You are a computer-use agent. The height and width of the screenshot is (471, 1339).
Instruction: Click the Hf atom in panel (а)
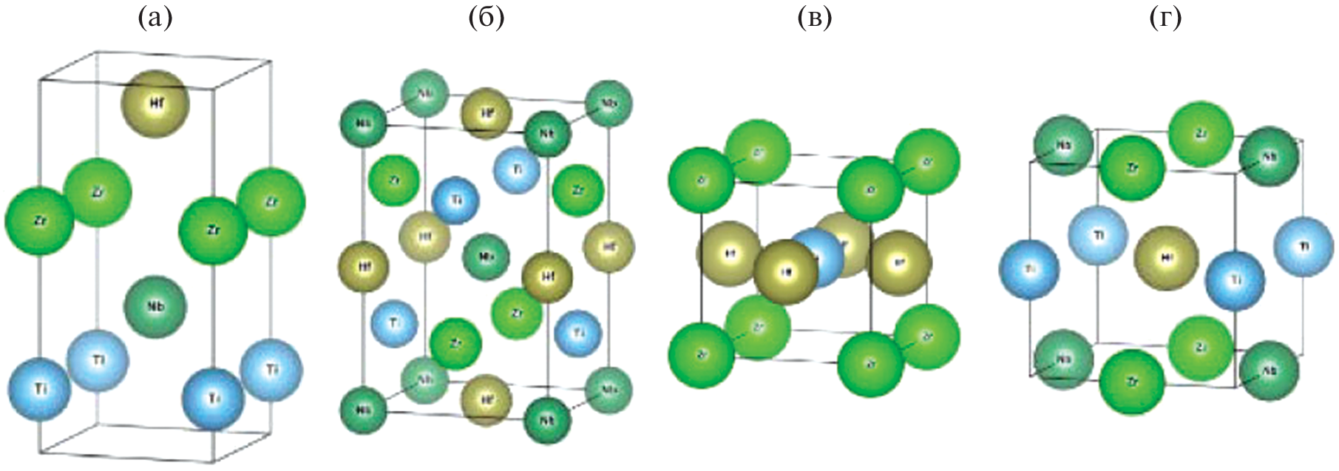tap(155, 104)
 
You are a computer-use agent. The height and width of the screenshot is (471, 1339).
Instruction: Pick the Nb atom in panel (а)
tap(155, 306)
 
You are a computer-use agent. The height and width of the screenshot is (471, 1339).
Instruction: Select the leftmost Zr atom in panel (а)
tap(39, 221)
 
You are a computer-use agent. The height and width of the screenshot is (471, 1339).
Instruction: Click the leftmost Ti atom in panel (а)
tap(40, 388)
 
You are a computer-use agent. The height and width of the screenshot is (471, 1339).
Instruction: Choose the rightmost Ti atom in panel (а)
tap(271, 369)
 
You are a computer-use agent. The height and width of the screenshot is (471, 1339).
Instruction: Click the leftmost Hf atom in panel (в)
tap(729, 254)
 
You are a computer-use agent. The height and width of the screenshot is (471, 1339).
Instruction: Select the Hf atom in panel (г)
tap(1166, 258)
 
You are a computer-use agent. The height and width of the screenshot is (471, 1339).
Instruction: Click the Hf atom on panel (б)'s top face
tap(487, 114)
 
